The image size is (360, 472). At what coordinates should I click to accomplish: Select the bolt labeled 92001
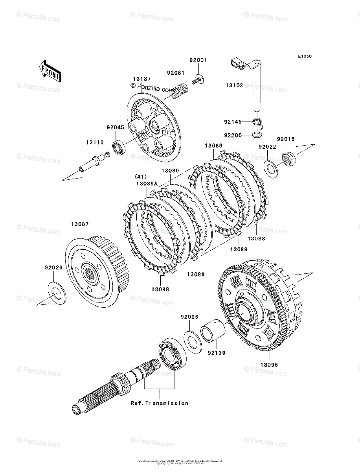[x=198, y=80]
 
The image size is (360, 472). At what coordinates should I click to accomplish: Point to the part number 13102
[x=234, y=85]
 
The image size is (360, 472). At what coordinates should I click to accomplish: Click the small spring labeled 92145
[x=257, y=122]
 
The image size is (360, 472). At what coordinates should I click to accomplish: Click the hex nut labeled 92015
[x=289, y=159]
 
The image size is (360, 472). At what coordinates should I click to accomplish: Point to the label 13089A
[x=147, y=183]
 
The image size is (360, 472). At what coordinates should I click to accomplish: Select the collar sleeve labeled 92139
[x=213, y=332]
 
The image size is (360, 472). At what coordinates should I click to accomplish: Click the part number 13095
[x=269, y=365]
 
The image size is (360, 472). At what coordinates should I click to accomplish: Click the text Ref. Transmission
[x=160, y=403]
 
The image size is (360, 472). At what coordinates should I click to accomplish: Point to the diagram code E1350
[x=304, y=56]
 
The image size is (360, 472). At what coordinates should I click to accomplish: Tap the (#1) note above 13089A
[x=140, y=176]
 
